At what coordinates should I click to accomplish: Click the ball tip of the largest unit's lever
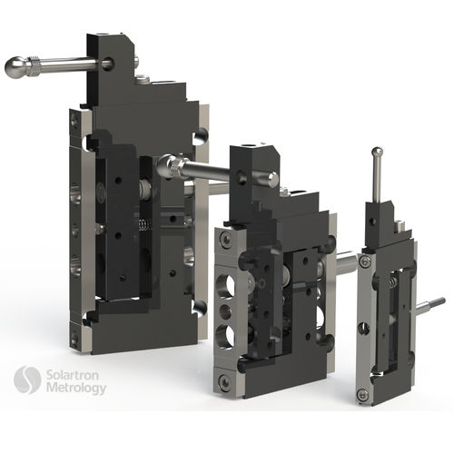pyautogui.click(x=16, y=66)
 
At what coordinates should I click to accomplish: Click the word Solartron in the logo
pyautogui.click(x=74, y=374)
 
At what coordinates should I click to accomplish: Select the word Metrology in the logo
pyautogui.click(x=75, y=388)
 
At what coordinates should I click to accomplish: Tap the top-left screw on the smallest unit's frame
pyautogui.click(x=364, y=262)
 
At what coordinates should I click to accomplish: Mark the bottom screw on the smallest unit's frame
pyautogui.click(x=363, y=393)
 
